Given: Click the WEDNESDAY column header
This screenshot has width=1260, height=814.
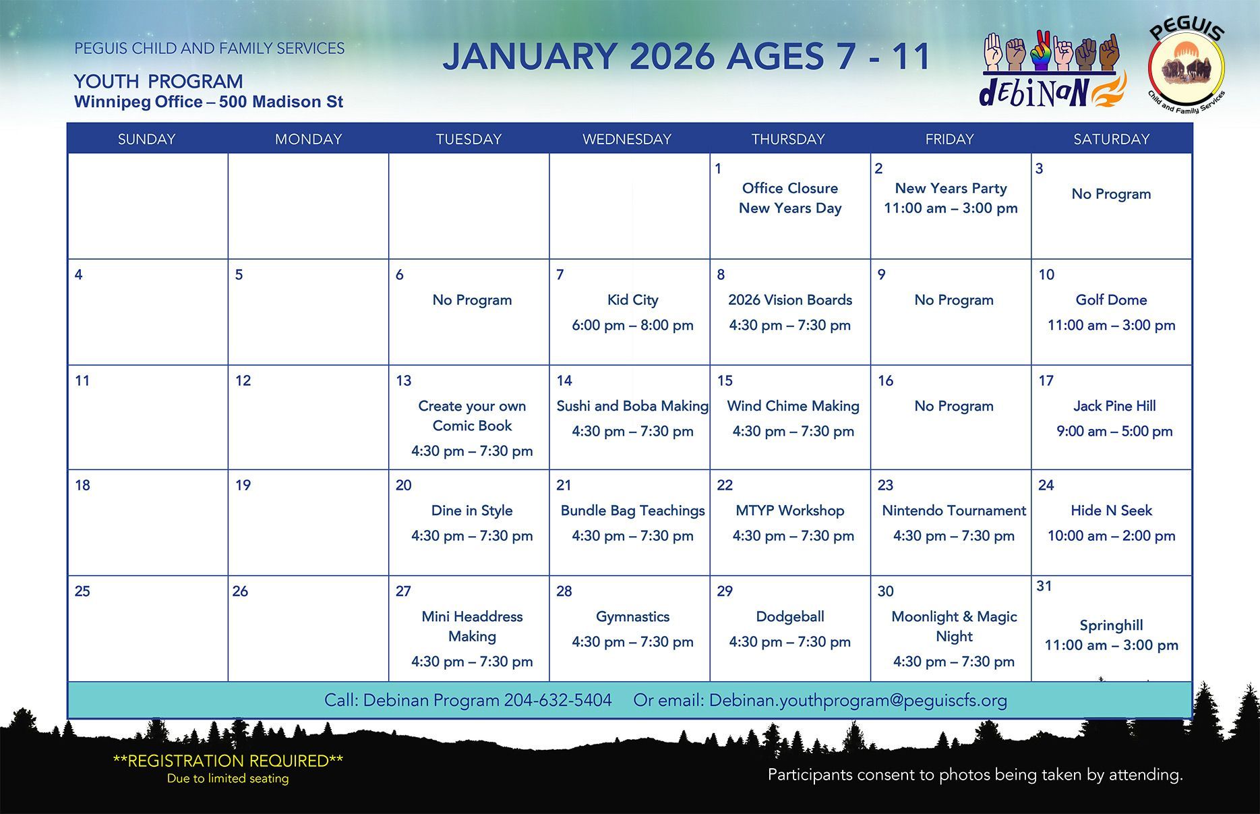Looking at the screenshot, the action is (627, 139).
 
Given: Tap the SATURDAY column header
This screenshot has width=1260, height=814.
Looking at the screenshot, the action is (1111, 139).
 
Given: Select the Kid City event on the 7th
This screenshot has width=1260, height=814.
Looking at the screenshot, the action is (632, 299).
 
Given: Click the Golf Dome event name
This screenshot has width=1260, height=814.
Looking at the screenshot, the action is (1111, 299).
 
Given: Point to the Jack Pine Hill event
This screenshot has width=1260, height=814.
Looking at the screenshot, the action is (1114, 405).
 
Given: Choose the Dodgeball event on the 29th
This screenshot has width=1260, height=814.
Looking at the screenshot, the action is (790, 616).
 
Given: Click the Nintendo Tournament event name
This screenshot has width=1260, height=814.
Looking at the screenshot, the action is (954, 511).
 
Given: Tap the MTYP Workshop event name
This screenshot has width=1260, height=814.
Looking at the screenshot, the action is (790, 511).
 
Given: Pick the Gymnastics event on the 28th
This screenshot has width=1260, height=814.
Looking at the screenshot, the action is (632, 616).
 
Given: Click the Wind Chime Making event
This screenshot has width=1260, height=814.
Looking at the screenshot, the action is (793, 405).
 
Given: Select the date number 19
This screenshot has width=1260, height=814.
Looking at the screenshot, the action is (243, 485).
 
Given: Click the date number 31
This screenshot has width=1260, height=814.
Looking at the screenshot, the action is (1044, 585).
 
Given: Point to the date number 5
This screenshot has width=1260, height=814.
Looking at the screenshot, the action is (239, 274).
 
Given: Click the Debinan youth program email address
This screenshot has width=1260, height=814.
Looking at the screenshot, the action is (858, 701).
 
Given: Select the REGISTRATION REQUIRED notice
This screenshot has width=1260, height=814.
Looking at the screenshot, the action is (228, 761).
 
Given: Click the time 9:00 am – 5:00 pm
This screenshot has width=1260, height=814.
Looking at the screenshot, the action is (1114, 431).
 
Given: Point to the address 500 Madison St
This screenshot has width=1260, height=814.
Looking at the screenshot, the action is (281, 102).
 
